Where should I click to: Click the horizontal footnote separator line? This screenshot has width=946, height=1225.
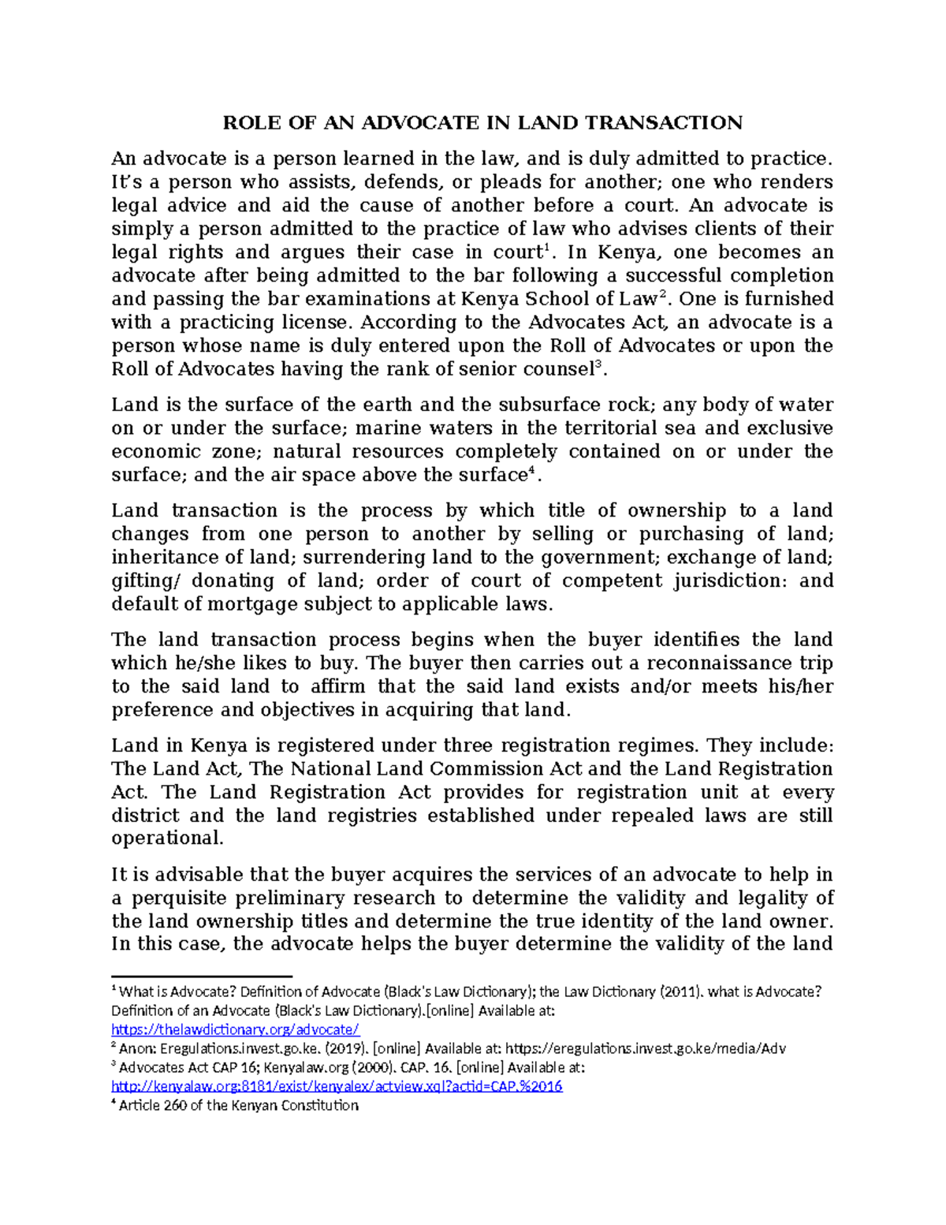click(202, 976)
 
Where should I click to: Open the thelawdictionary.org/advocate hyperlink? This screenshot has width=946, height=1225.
click(235, 1029)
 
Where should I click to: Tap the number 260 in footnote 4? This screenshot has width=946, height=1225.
click(173, 1105)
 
